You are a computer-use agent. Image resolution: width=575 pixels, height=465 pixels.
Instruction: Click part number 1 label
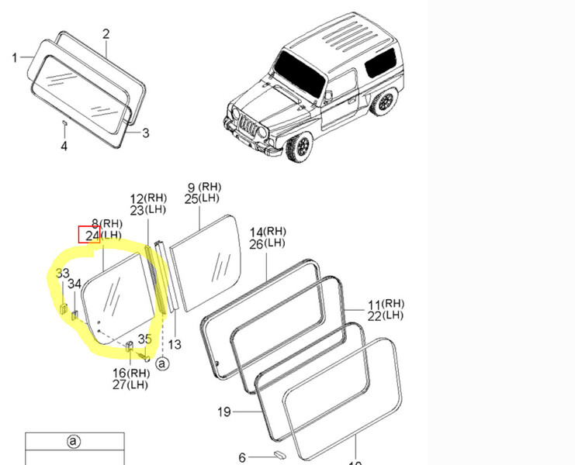[x=15, y=57]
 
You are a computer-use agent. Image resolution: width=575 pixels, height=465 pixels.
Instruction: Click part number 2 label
[x=106, y=33]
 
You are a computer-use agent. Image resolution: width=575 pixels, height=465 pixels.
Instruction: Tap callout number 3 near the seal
[x=145, y=133]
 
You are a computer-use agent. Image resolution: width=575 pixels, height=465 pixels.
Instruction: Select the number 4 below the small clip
[x=64, y=146]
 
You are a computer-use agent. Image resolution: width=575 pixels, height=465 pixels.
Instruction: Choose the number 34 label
[x=74, y=284]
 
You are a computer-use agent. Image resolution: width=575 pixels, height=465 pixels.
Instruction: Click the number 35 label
[x=144, y=338]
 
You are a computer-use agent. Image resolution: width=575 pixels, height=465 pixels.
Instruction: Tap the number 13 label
[x=174, y=344]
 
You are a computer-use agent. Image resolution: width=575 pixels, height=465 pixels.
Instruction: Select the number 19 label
[x=223, y=412]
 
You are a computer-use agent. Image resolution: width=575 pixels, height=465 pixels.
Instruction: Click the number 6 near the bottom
[x=242, y=457]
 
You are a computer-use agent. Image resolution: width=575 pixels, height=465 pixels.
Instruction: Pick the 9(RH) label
[x=204, y=188]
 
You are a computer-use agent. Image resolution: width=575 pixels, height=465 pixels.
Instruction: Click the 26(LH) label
[x=267, y=244]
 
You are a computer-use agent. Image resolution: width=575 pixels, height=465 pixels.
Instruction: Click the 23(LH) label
[x=147, y=210]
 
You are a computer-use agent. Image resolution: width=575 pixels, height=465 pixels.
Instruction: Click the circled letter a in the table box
[x=73, y=442]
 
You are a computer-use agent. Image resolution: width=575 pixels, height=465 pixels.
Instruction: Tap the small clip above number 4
[x=64, y=123]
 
